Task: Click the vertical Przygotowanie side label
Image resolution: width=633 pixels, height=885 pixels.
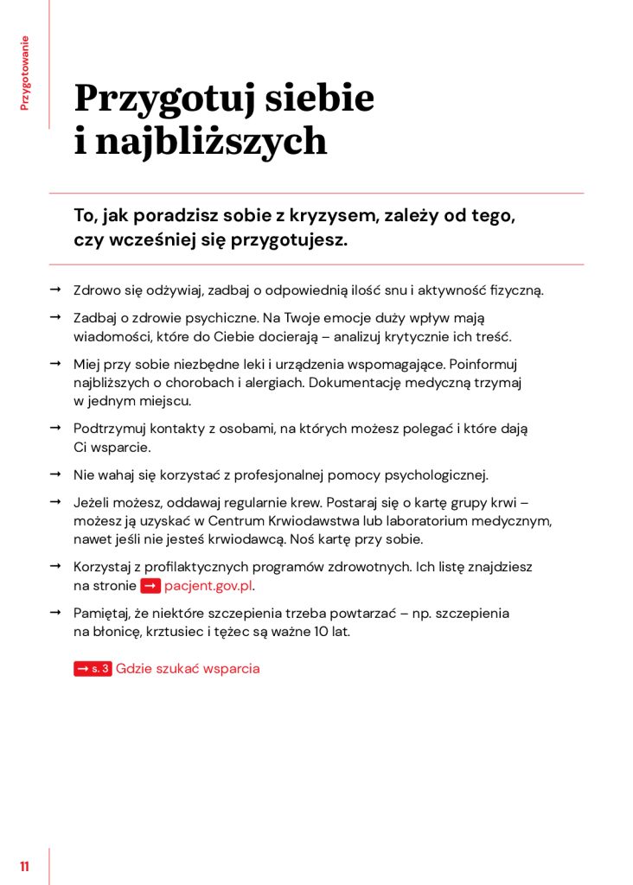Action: click(x=25, y=73)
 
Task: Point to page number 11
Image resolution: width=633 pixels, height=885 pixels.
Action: click(x=25, y=867)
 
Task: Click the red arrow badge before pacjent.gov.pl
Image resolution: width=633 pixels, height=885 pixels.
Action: click(x=150, y=586)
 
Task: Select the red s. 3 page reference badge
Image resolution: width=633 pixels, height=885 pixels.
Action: click(x=93, y=669)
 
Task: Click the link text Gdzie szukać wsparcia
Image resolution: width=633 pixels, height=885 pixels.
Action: click(x=188, y=669)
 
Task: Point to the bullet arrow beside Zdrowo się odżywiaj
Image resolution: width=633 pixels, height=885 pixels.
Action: click(x=54, y=290)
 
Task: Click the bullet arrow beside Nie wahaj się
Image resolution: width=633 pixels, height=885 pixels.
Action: click(x=54, y=474)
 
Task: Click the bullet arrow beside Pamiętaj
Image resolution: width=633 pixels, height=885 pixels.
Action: click(x=54, y=613)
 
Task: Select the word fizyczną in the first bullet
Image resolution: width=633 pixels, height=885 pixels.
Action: click(x=515, y=290)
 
